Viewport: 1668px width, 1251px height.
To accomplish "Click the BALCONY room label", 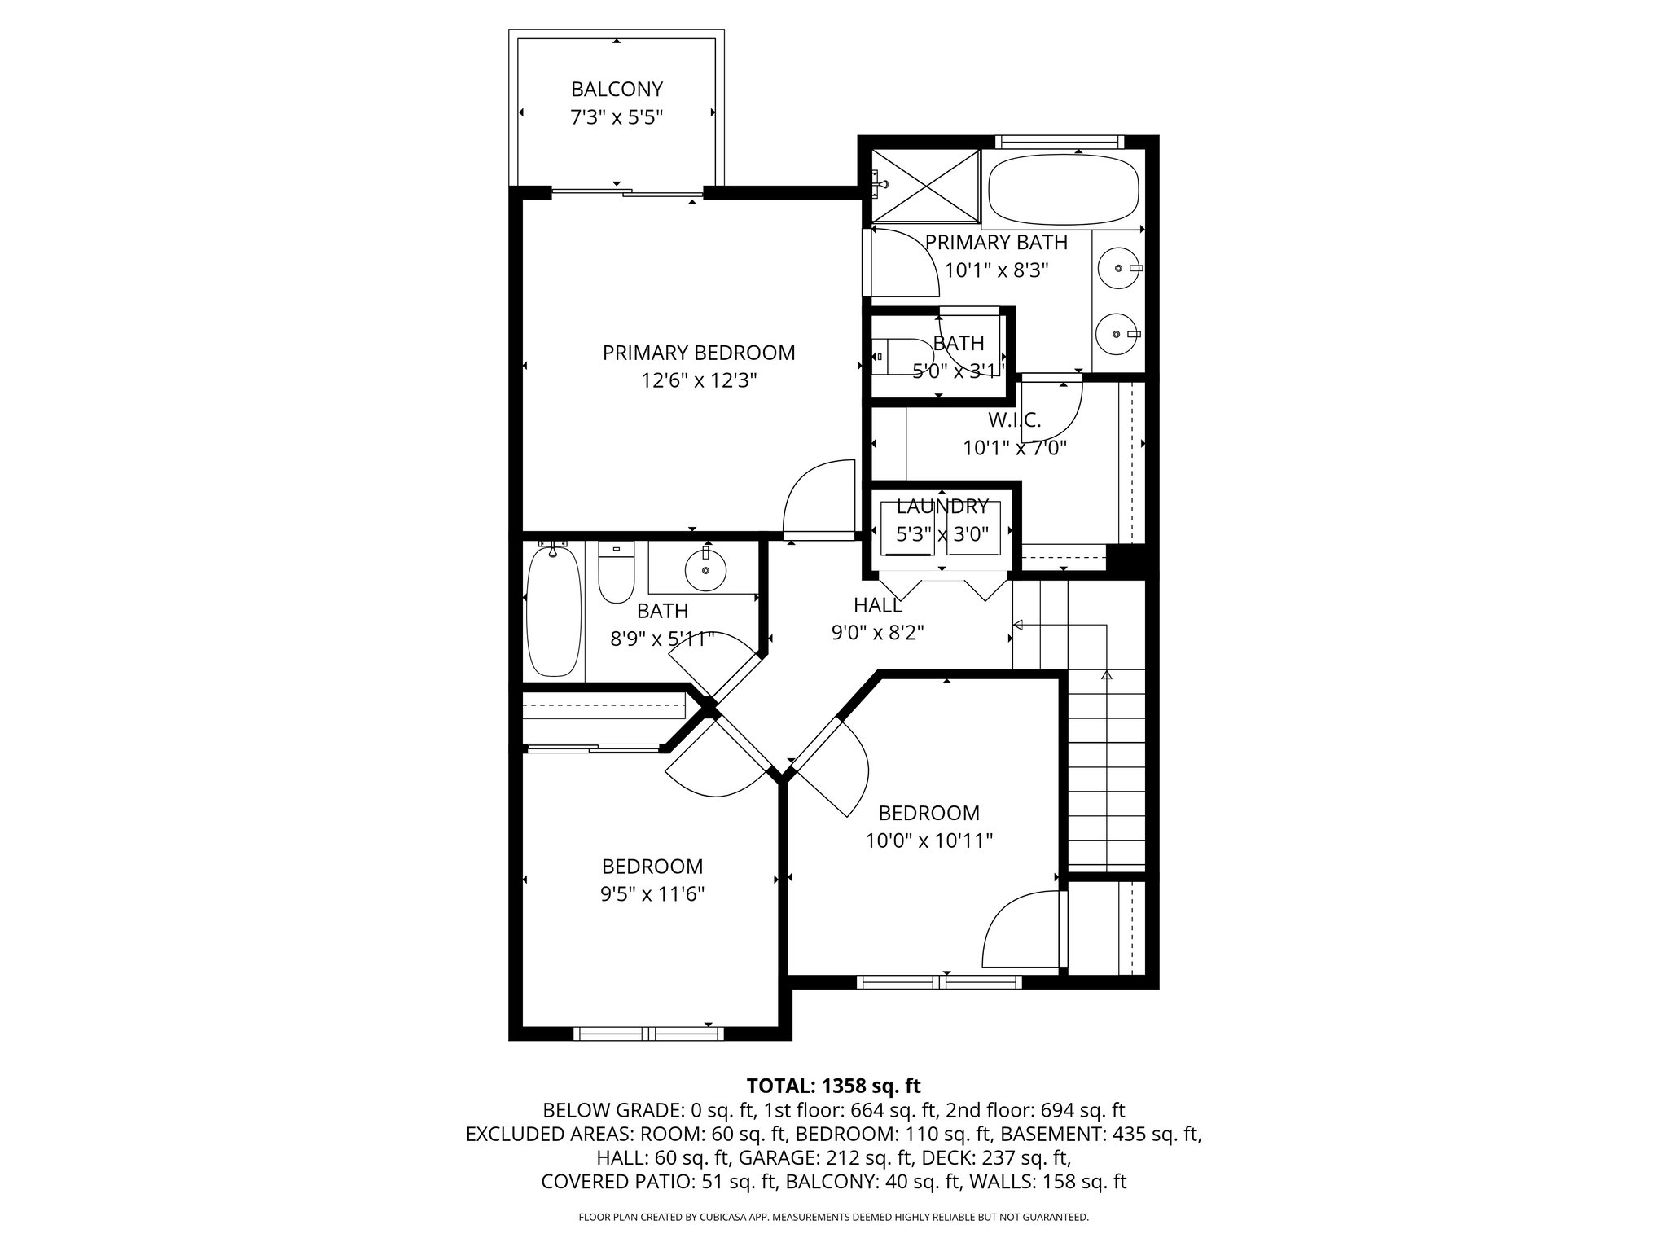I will pos(617,89).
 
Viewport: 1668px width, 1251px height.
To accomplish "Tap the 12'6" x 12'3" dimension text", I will pos(699,380).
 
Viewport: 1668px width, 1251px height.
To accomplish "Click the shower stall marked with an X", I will pos(926,185).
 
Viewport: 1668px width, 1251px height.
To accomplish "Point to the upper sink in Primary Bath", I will pos(1117,268).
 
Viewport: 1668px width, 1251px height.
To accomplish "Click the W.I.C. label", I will pos(1014,420).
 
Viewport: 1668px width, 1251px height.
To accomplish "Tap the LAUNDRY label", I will pos(942,507).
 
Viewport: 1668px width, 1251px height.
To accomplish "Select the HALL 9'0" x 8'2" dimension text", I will pos(877,633).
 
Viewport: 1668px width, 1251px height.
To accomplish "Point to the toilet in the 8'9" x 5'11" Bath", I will pos(616,573).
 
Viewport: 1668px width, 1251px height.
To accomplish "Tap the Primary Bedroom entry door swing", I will pos(817,497).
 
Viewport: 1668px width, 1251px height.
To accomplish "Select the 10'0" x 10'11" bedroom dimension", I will pos(928,841).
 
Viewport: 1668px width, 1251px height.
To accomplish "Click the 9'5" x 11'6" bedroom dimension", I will pos(652,894).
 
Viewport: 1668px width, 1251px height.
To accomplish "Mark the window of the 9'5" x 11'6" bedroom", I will pos(648,1034).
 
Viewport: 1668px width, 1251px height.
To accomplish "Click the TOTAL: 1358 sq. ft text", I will pos(833,1086).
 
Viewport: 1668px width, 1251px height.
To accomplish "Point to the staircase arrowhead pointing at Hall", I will pos(1017,625).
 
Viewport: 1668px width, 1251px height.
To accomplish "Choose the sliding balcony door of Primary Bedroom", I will pos(627,193).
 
